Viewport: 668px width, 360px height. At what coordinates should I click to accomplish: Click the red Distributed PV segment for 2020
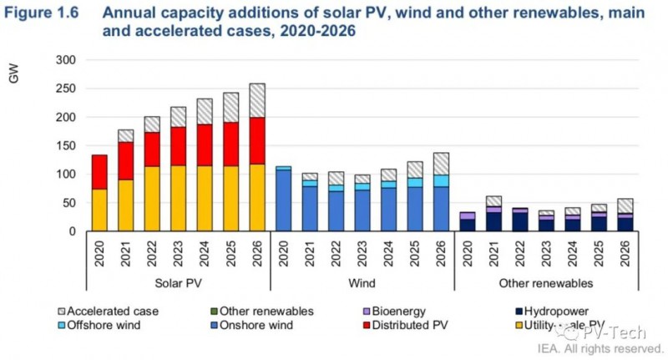pos(99,172)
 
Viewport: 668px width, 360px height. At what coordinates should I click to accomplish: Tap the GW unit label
pos(14,77)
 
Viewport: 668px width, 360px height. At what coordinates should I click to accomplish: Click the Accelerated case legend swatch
pos(59,311)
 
